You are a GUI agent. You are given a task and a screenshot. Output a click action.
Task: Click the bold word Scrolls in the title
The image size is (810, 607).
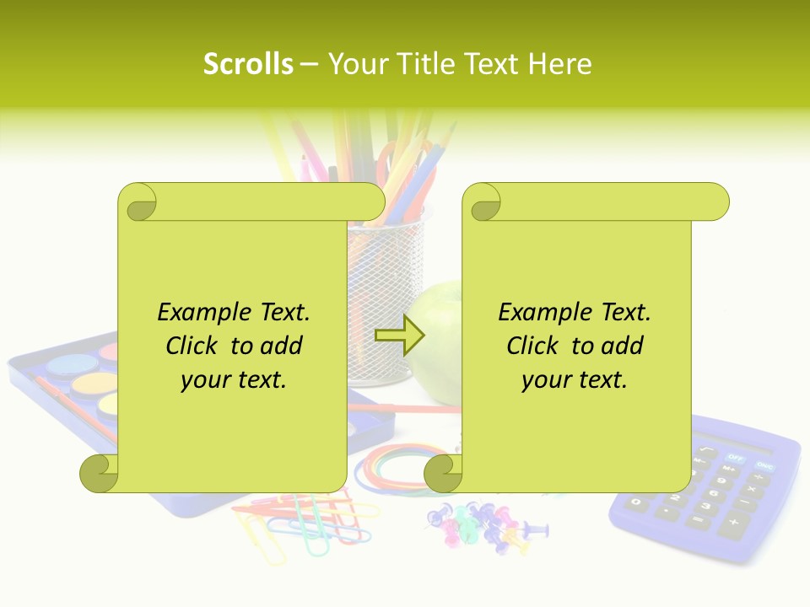tap(248, 64)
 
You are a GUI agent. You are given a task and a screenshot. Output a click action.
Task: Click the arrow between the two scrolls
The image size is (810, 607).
tap(399, 336)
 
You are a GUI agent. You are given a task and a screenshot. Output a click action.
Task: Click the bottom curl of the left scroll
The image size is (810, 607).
tap(100, 474)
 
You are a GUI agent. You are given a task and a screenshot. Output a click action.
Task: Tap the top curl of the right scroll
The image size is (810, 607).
tap(483, 202)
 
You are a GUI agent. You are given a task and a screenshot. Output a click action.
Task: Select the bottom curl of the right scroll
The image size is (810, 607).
tap(444, 474)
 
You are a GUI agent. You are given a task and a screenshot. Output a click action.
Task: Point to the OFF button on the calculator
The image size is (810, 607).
tap(736, 458)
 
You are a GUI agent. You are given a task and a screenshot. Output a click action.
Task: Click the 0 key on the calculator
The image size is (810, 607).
tap(638, 503)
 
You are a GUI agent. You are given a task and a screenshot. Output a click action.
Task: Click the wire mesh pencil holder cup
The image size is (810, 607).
tap(380, 295)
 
